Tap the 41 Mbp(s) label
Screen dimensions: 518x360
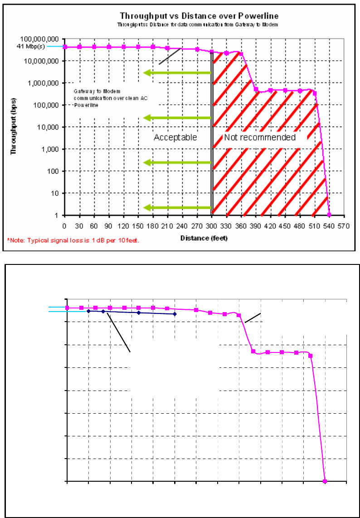click(31, 46)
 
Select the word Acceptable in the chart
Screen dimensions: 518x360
click(175, 137)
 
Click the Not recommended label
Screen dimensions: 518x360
click(259, 137)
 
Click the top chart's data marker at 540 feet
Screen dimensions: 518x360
click(329, 215)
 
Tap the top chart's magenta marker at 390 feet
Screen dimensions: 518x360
click(256, 89)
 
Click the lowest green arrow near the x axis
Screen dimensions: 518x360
click(177, 208)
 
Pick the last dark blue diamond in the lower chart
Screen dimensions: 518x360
click(175, 314)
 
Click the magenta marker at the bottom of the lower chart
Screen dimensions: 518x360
click(325, 481)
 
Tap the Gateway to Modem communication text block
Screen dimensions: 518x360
click(104, 98)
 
